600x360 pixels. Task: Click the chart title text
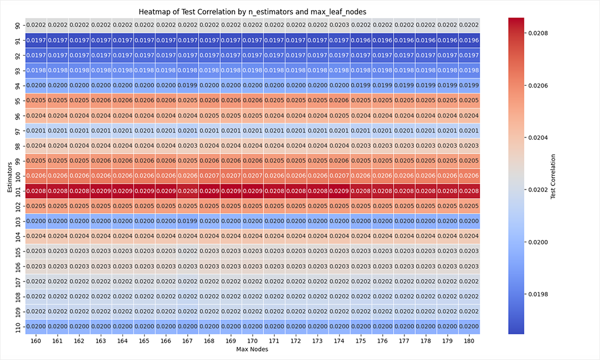(253, 11)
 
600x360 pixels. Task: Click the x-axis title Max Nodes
(253, 349)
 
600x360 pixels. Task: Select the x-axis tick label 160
(36, 340)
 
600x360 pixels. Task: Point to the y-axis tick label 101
(18, 190)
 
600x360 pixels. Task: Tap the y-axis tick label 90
(18, 25)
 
